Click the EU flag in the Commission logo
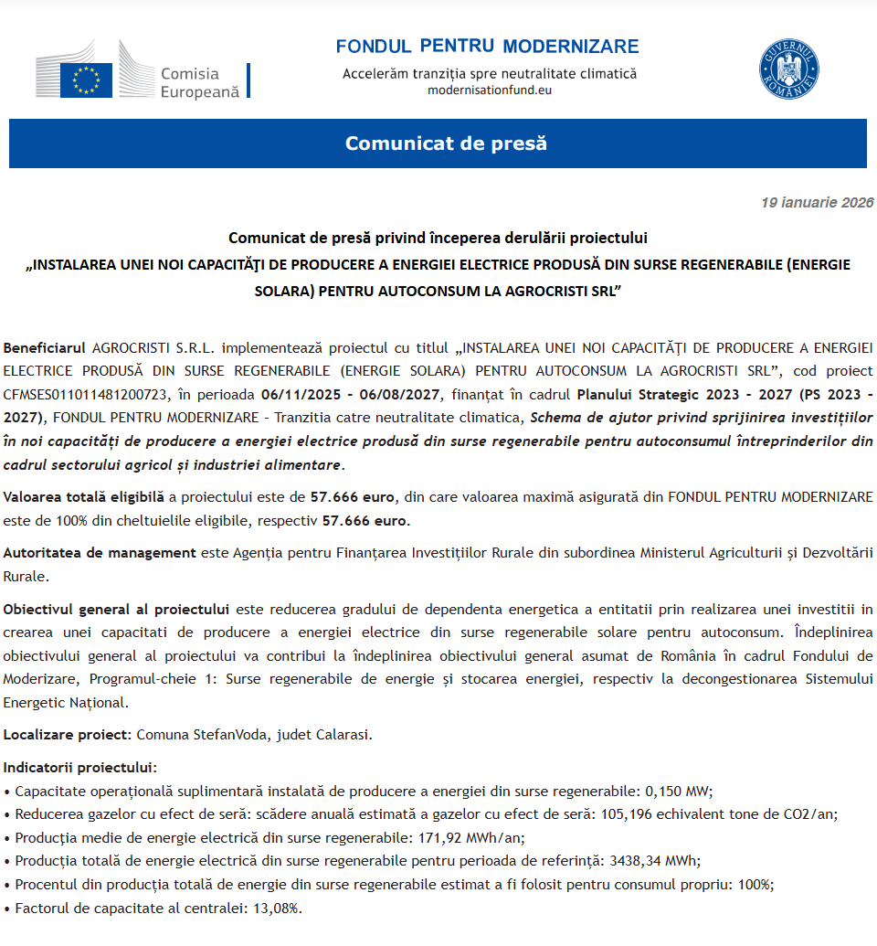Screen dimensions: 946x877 coord(86,80)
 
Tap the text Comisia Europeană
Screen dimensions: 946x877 coord(198,82)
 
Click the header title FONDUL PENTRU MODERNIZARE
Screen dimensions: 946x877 coord(487,47)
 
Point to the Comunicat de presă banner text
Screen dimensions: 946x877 coord(446,143)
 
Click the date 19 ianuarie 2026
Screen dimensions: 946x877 coord(817,203)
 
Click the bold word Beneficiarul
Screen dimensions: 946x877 coord(44,348)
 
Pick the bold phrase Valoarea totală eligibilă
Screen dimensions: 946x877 coord(84,497)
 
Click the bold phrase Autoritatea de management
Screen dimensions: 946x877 coord(100,553)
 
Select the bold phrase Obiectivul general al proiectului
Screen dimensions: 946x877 coord(116,609)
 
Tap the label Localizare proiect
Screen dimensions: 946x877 coord(68,735)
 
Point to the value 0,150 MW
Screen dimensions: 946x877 coord(678,791)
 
